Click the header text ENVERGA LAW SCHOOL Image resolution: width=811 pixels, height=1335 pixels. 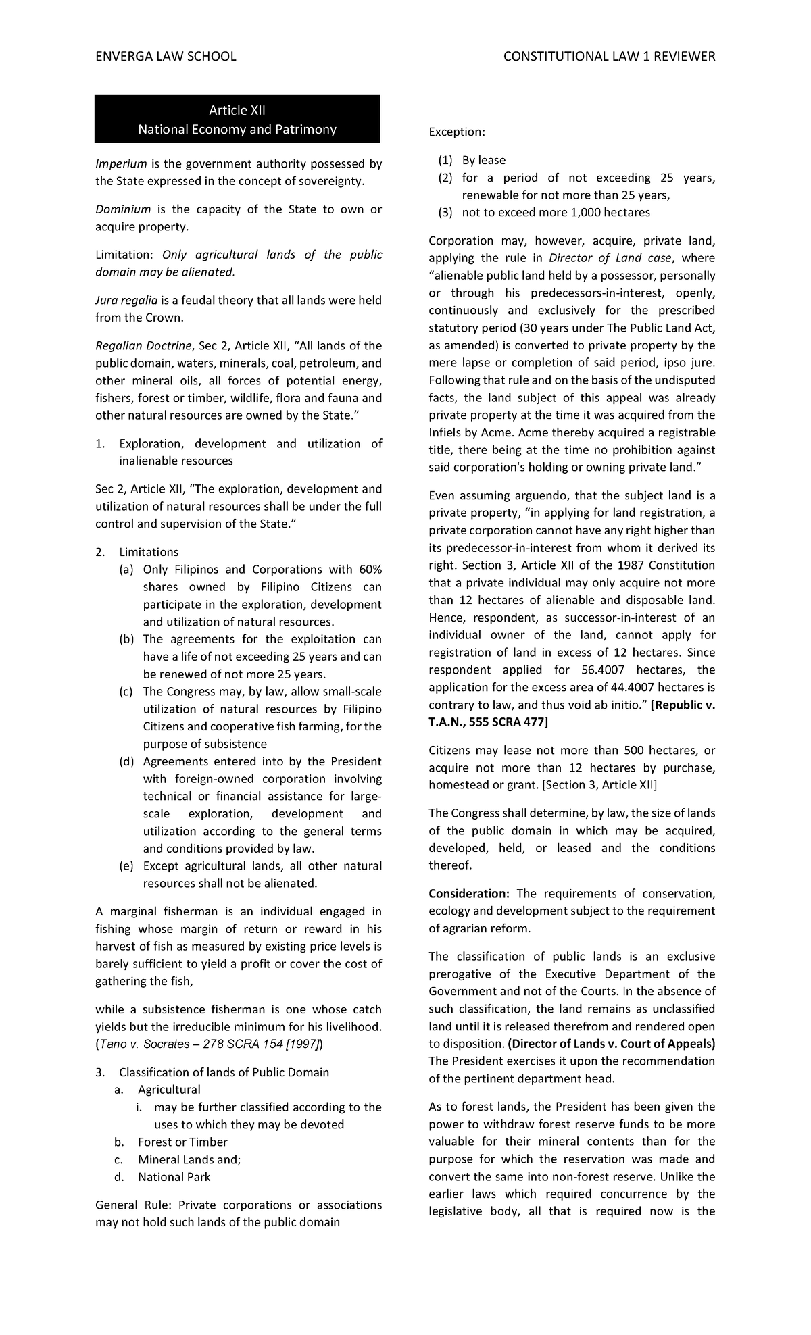coord(166,57)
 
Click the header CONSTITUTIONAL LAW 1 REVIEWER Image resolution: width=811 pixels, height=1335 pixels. coord(609,57)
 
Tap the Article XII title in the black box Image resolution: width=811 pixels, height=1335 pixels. coord(237,110)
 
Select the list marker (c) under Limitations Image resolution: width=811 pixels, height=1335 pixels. coord(126,692)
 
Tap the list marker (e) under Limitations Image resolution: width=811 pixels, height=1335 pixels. coord(126,866)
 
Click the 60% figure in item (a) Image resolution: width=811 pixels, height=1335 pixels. coord(370,570)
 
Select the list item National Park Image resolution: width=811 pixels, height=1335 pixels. coord(174,1177)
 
